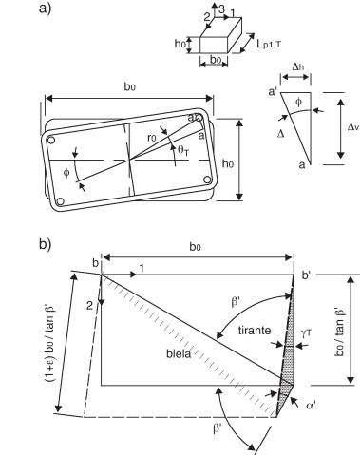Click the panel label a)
click(x=45, y=9)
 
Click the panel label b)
click(x=45, y=244)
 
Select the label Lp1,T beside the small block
click(x=269, y=45)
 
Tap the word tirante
click(x=255, y=331)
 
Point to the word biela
click(x=179, y=353)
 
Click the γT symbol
click(x=307, y=332)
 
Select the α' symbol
click(x=311, y=406)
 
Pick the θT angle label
click(x=183, y=151)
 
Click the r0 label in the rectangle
click(x=152, y=138)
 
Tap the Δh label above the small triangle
click(x=296, y=67)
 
